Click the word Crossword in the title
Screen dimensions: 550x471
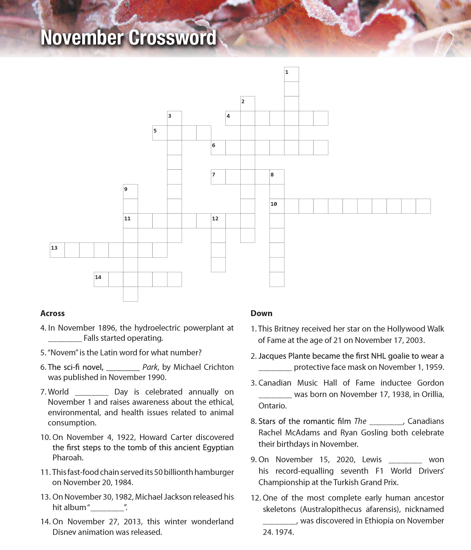(x=172, y=38)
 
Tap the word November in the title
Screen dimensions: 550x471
(x=82, y=38)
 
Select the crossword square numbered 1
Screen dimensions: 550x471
(x=291, y=74)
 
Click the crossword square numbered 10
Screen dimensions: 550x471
(x=277, y=206)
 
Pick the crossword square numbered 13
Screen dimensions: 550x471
(x=57, y=250)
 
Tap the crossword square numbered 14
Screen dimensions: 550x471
(x=101, y=279)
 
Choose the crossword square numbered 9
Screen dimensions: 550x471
(x=130, y=192)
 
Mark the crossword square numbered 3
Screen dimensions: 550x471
(x=174, y=118)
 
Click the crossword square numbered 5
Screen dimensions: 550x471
(x=160, y=133)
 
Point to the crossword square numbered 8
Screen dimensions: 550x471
(x=277, y=177)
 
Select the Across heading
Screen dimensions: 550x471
(x=53, y=313)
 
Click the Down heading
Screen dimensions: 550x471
(x=261, y=313)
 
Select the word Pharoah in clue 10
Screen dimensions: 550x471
(x=64, y=458)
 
